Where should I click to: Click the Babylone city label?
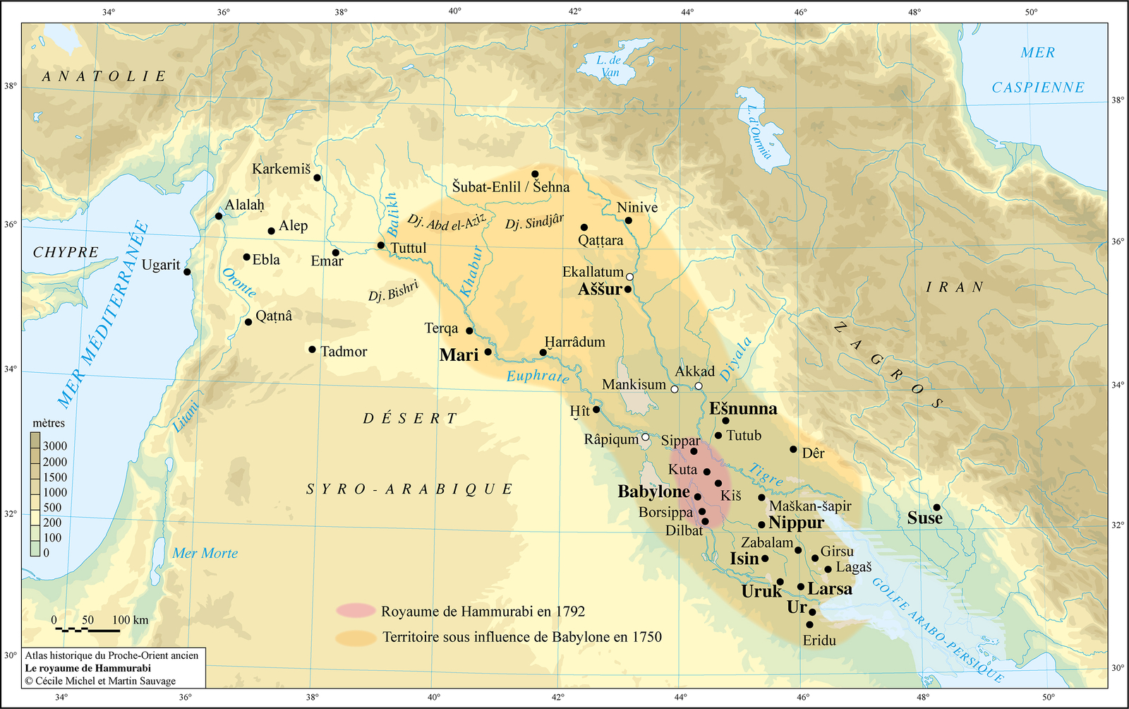[x=653, y=491]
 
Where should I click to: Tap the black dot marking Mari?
[x=488, y=352]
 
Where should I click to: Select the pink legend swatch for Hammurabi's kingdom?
[x=356, y=611]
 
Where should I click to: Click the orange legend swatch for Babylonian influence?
[x=356, y=638]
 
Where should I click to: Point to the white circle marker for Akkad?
[x=699, y=386]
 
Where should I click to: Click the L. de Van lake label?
[x=608, y=66]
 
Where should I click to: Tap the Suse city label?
[x=924, y=518]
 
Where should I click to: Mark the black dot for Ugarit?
[x=187, y=272]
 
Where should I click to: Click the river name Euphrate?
[x=537, y=376]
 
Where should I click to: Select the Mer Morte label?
[x=205, y=554]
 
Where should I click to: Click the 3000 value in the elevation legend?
[x=54, y=446]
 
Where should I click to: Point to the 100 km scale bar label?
[x=131, y=620]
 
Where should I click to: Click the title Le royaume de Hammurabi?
[x=88, y=668]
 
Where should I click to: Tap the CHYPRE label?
[x=66, y=252]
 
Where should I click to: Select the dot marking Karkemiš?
[x=318, y=178]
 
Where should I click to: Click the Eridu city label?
[x=819, y=641]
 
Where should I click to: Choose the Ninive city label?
[x=637, y=208]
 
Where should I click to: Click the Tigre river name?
[x=766, y=474]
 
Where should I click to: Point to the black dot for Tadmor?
[x=313, y=350]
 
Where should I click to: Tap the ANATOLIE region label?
[x=104, y=76]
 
